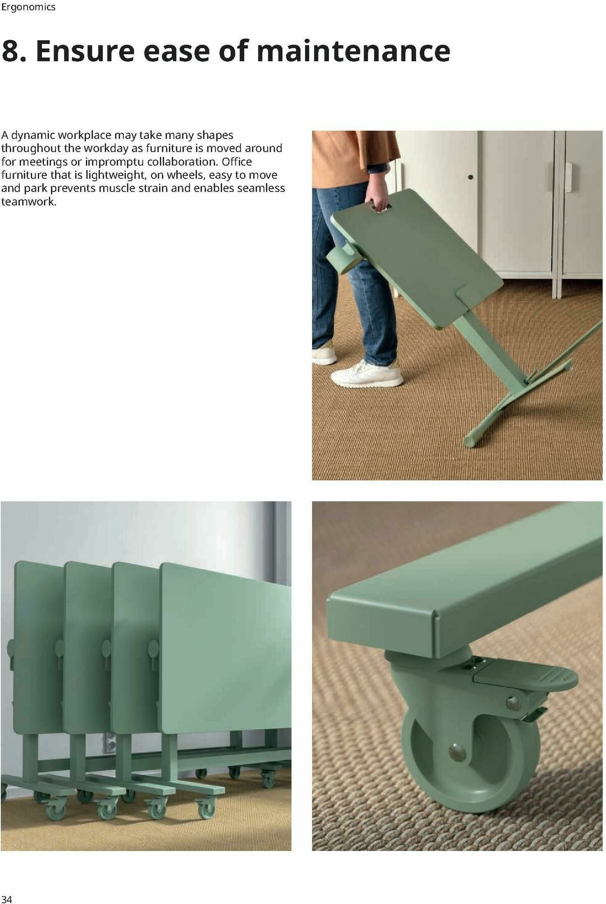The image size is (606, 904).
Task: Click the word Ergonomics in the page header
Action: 28,8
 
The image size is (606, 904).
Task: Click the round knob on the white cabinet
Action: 471,177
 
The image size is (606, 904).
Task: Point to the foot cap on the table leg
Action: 471,439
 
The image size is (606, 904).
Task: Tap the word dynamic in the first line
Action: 33,135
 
